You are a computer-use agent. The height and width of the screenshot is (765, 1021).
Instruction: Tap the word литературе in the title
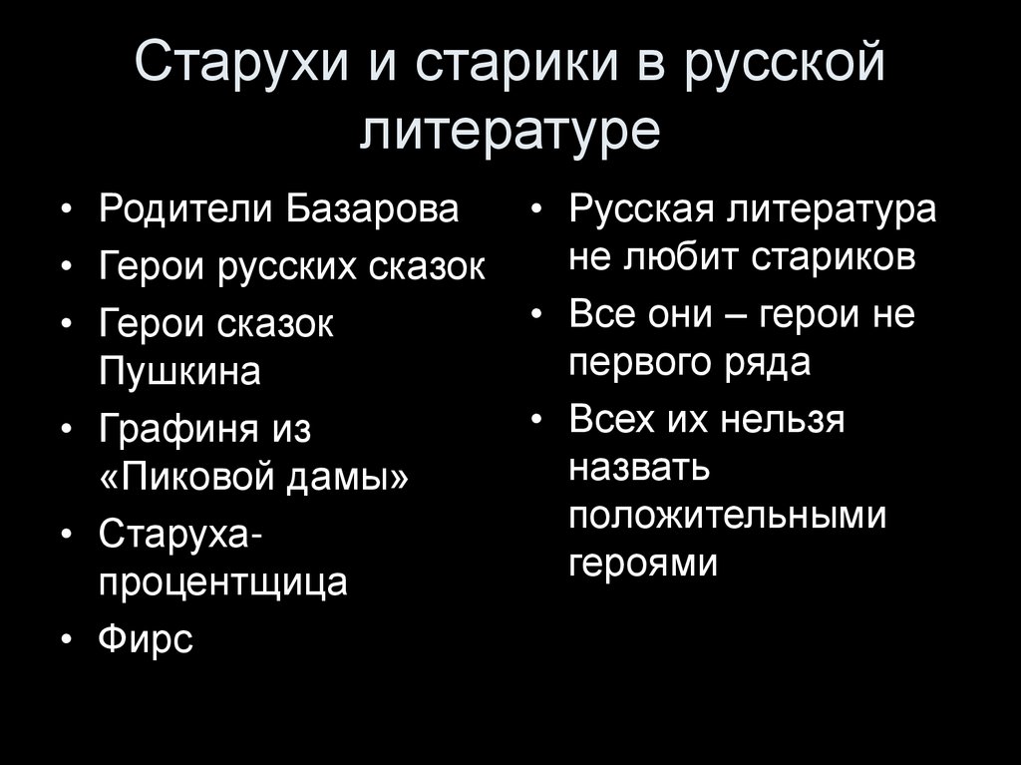[x=510, y=131]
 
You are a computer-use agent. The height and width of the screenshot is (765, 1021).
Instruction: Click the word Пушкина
[x=179, y=372]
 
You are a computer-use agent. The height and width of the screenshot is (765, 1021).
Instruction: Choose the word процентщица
[x=223, y=581]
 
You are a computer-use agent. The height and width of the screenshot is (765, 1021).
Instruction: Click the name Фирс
[x=146, y=638]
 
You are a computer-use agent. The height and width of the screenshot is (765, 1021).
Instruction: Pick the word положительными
[x=728, y=517]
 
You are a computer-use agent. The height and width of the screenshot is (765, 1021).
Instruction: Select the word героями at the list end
[x=643, y=565]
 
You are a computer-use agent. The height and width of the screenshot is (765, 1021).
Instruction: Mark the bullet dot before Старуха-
[x=66, y=536]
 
